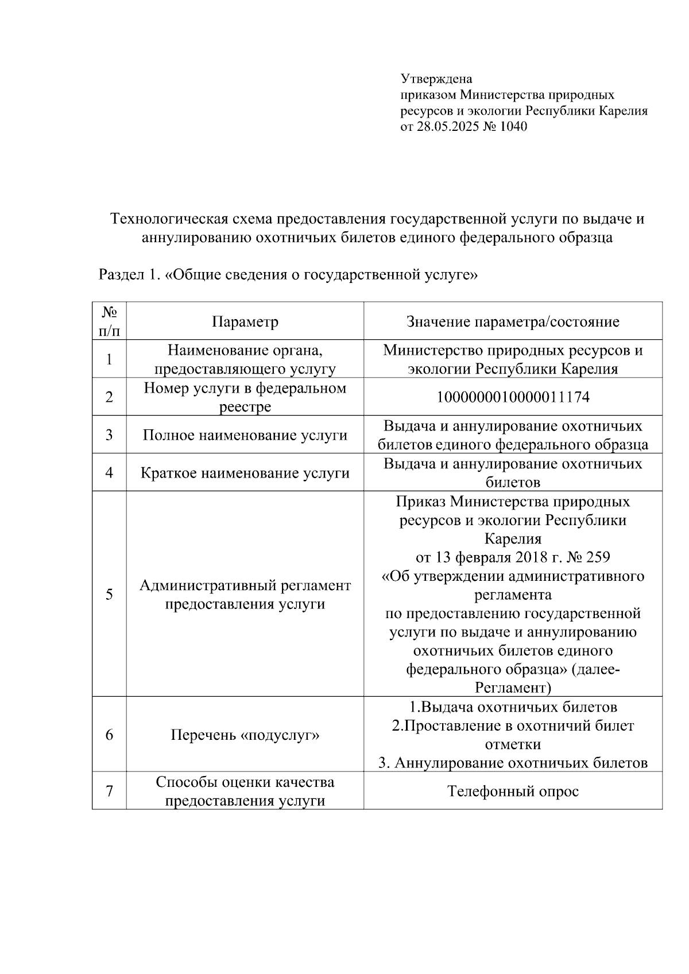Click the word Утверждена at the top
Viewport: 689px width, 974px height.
point(436,79)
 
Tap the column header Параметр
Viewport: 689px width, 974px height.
point(245,321)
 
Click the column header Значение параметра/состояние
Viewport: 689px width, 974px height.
point(513,321)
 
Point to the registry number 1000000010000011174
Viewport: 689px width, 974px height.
point(513,397)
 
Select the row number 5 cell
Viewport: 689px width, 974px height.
point(109,594)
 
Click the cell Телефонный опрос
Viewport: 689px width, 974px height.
point(513,791)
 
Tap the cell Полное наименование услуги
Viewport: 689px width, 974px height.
point(245,435)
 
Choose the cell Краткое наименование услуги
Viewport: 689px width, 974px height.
point(245,473)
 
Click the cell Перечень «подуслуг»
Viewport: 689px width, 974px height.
point(245,735)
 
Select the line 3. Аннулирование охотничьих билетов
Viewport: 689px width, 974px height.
point(513,763)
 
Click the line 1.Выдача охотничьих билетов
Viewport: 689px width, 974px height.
point(513,707)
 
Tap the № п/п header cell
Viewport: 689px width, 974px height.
point(109,321)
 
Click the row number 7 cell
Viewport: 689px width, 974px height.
point(109,791)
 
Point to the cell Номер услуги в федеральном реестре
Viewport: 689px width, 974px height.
point(245,397)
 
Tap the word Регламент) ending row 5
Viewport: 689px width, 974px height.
point(513,688)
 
